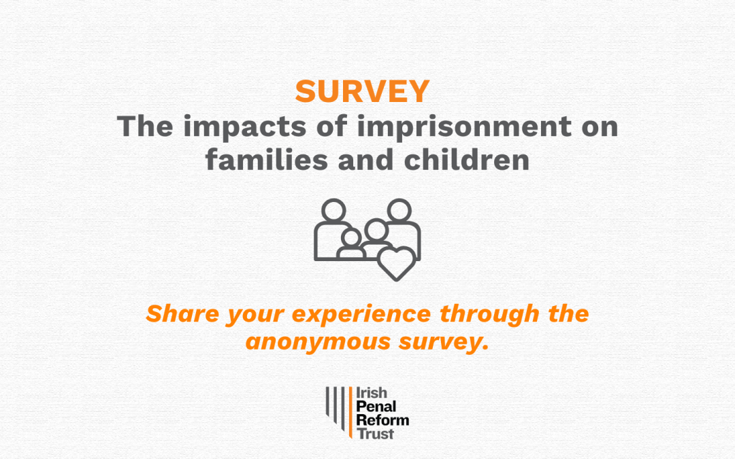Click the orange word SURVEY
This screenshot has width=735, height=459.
[362, 91]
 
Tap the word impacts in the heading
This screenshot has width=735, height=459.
[244, 127]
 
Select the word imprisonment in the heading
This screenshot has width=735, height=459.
[464, 127]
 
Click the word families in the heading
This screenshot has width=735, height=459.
[266, 160]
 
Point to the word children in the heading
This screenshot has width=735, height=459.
[467, 160]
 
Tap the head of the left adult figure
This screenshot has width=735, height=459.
[333, 210]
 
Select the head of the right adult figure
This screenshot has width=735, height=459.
[399, 210]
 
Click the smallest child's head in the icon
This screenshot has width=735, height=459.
[350, 238]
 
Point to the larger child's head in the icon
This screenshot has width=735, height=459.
[376, 230]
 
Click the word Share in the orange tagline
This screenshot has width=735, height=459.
[182, 313]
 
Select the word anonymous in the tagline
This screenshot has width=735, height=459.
[318, 343]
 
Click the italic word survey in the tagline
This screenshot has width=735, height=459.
[444, 343]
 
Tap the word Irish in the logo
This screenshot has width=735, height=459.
[372, 392]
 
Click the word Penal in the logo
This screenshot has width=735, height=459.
[376, 406]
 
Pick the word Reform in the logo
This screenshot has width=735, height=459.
[382, 420]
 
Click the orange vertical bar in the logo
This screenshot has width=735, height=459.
[350, 413]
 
